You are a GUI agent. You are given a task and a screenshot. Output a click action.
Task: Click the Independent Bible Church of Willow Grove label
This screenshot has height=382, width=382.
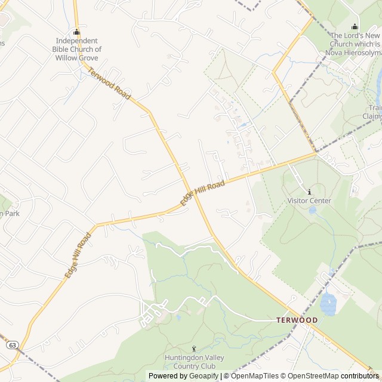(76, 50)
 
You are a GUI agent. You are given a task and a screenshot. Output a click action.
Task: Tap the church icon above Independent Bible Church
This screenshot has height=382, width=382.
(76, 32)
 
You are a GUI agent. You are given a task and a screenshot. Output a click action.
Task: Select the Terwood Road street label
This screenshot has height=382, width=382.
(109, 84)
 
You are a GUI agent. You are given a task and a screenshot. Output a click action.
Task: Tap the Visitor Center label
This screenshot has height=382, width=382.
(309, 201)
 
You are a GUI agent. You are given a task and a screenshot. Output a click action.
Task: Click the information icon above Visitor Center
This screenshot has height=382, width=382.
(309, 192)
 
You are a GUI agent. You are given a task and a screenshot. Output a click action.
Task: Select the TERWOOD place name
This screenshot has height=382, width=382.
(297, 321)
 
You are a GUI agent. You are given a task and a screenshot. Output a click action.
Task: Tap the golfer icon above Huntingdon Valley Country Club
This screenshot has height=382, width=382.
(193, 349)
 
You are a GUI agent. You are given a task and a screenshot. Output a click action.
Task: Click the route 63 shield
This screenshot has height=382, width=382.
(12, 345)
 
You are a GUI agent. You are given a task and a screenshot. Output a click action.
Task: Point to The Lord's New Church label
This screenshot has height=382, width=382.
(355, 44)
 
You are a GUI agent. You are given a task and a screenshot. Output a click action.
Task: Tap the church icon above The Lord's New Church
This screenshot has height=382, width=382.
(355, 26)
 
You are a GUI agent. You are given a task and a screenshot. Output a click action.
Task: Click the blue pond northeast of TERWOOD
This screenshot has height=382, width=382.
(328, 305)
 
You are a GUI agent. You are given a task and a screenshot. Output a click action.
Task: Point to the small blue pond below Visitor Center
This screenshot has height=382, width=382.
(312, 210)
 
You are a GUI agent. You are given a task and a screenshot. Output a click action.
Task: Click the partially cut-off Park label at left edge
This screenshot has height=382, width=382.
(10, 213)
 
